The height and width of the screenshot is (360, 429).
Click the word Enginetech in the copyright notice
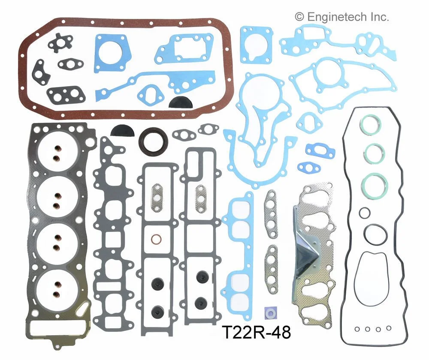(339, 17)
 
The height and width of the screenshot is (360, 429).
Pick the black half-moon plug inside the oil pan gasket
(177, 102)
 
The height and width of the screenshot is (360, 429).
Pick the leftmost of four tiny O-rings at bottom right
(357, 329)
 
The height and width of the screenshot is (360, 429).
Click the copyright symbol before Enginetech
(299, 17)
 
